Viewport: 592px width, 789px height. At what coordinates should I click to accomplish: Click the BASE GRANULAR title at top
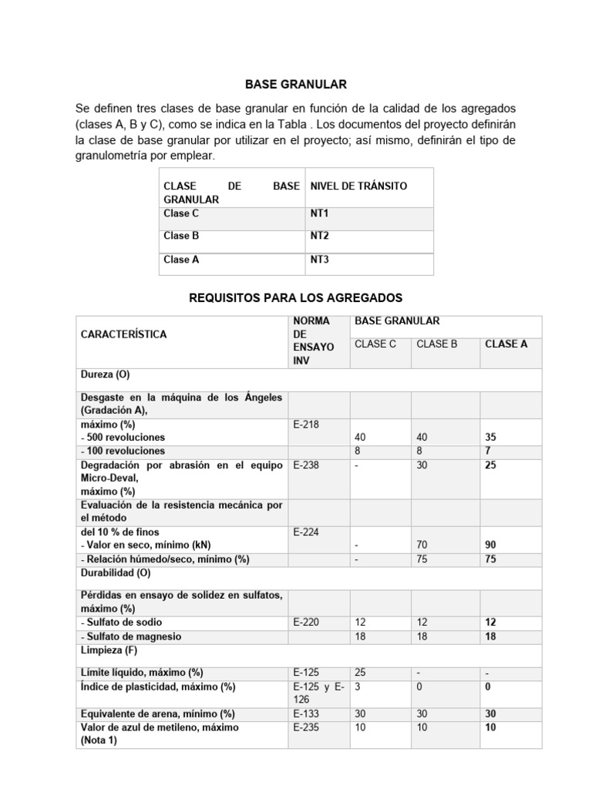296,83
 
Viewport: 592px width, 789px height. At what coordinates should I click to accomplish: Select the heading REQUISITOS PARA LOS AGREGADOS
296,297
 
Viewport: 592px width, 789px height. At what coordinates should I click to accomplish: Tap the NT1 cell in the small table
319,213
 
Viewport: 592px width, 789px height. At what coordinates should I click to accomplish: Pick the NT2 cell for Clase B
319,237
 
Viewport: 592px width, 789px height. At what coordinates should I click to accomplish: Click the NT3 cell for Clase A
319,260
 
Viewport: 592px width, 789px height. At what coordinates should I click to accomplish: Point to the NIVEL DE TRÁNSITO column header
358,186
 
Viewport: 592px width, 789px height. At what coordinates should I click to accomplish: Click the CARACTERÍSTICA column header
123,334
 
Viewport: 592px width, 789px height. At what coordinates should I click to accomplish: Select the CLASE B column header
437,344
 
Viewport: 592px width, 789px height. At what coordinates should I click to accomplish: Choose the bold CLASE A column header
506,344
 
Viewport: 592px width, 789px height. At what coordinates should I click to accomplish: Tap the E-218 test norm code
306,424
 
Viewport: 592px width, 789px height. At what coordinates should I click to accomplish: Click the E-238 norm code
306,465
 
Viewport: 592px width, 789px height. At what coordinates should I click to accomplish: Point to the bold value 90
491,545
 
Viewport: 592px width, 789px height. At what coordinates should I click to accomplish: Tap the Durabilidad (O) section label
116,573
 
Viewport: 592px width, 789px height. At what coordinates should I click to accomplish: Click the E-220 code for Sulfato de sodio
306,622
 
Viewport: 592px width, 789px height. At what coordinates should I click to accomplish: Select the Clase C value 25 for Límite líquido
360,672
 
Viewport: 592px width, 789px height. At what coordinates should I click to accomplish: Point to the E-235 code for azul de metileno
306,727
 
